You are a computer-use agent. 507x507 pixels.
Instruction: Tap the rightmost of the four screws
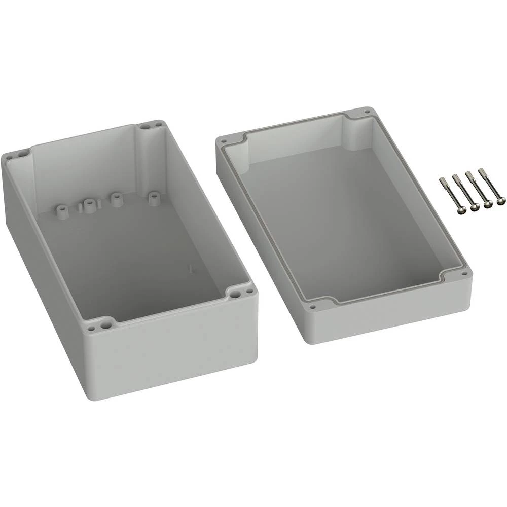coord(491,188)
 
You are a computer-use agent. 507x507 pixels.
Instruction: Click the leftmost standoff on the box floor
coord(63,210)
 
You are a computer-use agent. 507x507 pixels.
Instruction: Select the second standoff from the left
coord(89,206)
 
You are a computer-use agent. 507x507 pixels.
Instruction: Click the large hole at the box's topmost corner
coord(146,125)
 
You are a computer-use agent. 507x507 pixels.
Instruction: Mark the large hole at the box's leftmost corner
coord(10,157)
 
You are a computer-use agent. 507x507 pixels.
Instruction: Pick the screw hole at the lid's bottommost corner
coord(313,306)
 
